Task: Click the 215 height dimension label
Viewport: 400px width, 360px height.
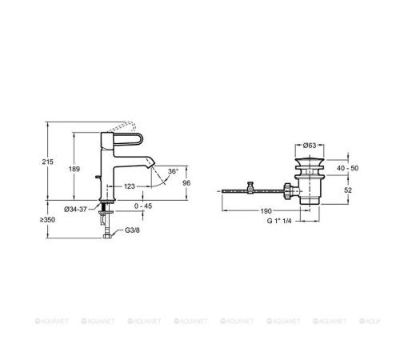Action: (x=47, y=162)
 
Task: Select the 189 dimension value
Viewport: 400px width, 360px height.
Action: (x=74, y=169)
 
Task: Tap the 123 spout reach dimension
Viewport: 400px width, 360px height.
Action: (x=130, y=186)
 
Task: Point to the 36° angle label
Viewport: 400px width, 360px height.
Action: (x=173, y=171)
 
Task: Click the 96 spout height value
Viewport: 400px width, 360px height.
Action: (x=186, y=183)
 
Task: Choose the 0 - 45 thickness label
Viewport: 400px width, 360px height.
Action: (x=143, y=206)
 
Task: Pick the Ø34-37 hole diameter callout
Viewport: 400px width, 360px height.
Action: (x=75, y=210)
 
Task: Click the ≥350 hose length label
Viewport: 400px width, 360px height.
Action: (x=47, y=220)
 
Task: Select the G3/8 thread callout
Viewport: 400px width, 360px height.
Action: (x=132, y=230)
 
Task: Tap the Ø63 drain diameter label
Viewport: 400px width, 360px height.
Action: (x=310, y=146)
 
